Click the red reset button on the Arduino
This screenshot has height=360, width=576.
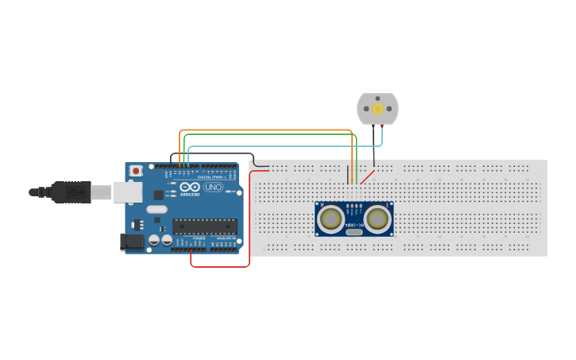pyautogui.click(x=137, y=170)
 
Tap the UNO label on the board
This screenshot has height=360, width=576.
pyautogui.click(x=213, y=188)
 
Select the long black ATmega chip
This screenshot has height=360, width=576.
pyautogui.click(x=205, y=226)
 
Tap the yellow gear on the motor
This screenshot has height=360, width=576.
pyautogui.click(x=377, y=108)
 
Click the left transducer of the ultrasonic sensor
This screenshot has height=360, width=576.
pyautogui.click(x=331, y=218)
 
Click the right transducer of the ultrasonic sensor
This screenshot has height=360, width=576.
pyautogui.click(x=377, y=218)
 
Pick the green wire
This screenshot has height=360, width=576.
pyautogui.click(x=270, y=135)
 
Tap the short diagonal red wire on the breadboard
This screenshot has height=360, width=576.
pyautogui.click(x=366, y=176)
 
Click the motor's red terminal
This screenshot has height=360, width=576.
pyautogui.click(x=384, y=126)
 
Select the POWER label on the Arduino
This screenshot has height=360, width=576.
pyautogui.click(x=199, y=238)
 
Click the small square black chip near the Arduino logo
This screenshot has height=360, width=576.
pyautogui.click(x=157, y=195)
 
